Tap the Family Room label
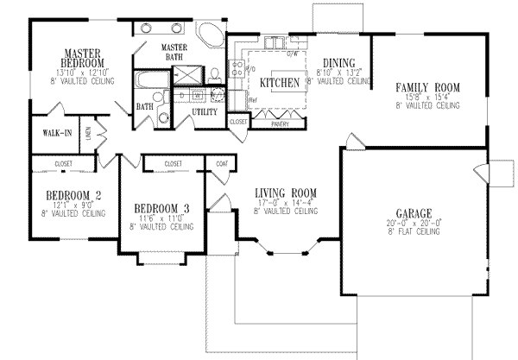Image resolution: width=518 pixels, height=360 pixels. click(427, 88)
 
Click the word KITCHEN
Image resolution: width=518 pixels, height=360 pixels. click(279, 83)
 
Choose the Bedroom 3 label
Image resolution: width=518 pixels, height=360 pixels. click(161, 209)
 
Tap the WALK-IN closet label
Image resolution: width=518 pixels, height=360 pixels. click(51, 133)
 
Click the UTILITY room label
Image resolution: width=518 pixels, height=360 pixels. click(204, 112)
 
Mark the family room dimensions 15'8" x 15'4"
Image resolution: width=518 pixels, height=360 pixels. click(427, 97)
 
